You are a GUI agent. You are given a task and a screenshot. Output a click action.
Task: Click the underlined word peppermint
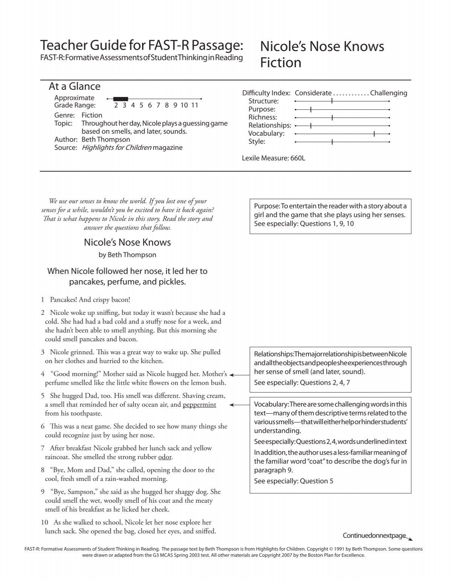click(x=199, y=405)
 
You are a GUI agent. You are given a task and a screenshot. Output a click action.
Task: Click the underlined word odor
click(x=165, y=457)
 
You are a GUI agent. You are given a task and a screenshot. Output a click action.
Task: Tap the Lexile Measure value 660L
click(x=297, y=158)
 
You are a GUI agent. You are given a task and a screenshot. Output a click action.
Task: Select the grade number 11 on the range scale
click(x=194, y=106)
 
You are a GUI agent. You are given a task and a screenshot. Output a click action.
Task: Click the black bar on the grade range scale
click(x=121, y=99)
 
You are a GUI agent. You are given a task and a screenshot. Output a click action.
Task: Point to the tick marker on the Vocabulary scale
click(x=374, y=133)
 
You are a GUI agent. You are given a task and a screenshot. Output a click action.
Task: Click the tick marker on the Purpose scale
click(x=311, y=109)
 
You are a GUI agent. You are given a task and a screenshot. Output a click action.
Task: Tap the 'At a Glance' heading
click(x=74, y=86)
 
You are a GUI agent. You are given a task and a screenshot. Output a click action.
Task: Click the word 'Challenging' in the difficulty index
click(x=388, y=93)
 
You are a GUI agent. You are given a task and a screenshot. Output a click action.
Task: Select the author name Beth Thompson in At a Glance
click(x=106, y=139)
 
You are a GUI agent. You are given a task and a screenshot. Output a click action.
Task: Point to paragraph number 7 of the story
click(x=42, y=448)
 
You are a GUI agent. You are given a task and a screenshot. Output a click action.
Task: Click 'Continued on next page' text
click(x=374, y=535)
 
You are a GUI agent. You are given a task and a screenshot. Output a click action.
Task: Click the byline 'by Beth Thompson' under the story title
click(x=127, y=255)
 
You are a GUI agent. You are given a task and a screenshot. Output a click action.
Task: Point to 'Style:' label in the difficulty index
click(x=257, y=142)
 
